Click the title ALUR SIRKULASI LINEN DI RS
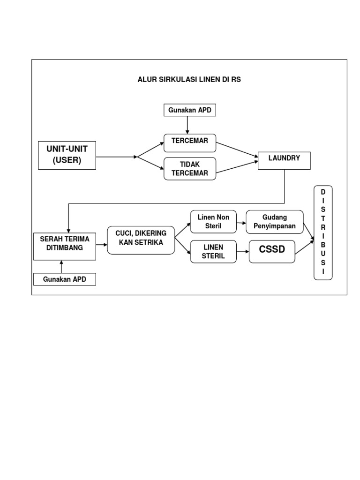189,80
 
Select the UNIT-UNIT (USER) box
67,155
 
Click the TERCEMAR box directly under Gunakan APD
190,142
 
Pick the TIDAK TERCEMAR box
190,169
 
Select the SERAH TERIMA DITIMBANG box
65,245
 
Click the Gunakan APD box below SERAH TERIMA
65,279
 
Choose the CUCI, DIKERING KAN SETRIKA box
141,240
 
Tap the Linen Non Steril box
213,222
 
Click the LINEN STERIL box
213,251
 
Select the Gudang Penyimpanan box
275,222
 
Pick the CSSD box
272,251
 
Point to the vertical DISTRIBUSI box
323,232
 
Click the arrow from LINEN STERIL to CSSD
242,252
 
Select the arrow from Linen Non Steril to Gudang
241,222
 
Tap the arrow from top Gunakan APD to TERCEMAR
187,125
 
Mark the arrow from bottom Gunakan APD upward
61,267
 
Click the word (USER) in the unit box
67,160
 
